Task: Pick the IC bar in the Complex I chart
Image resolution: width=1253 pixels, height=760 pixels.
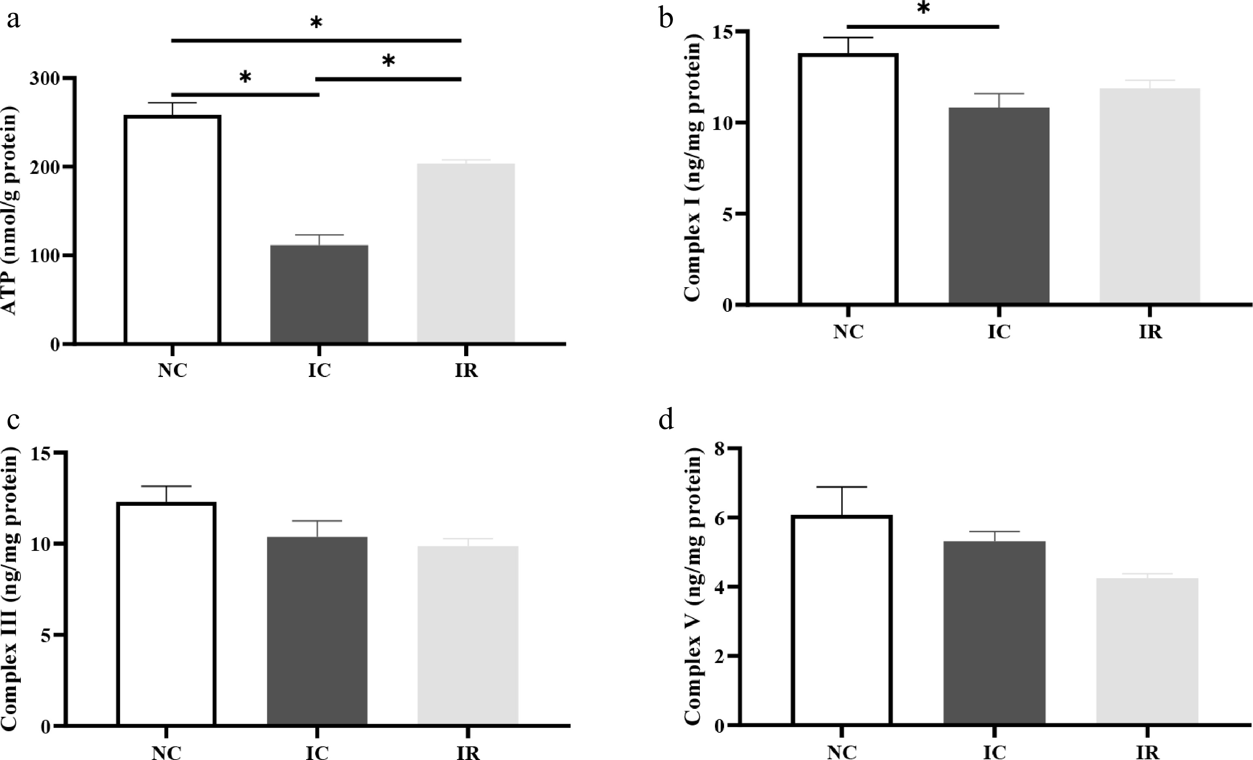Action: (999, 206)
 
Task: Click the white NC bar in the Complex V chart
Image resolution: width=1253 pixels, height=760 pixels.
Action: (842, 620)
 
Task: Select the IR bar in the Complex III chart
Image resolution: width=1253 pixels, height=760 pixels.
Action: (467, 635)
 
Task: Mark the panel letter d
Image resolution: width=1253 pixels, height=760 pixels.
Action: (666, 421)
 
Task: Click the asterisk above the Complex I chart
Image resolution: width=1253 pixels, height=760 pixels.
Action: (923, 9)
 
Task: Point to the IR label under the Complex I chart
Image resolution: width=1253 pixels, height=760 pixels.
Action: (1150, 332)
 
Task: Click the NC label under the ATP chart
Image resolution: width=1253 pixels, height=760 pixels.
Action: (172, 371)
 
